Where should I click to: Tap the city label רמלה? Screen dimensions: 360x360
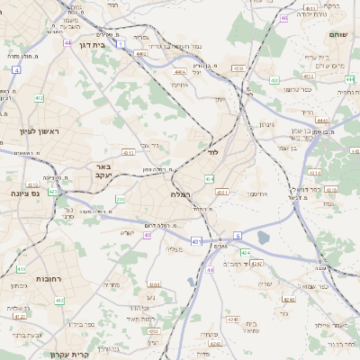coord(179,194)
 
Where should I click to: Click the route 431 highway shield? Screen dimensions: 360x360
coord(196,242)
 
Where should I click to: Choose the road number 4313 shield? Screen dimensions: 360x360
coord(221,191)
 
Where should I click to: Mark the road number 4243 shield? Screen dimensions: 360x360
coord(257,264)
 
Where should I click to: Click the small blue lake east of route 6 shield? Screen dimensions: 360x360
coord(263,238)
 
